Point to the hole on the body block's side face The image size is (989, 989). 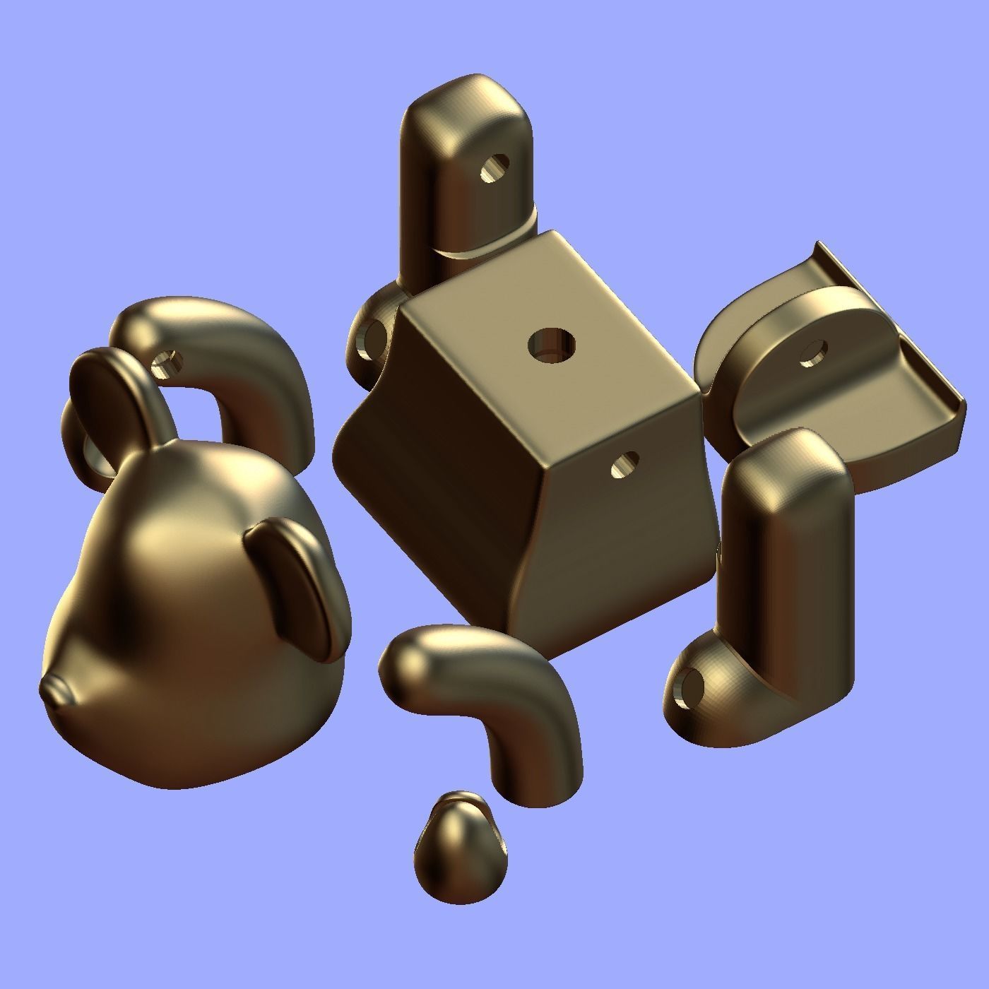[622, 465]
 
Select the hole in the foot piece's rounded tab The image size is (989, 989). [815, 353]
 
